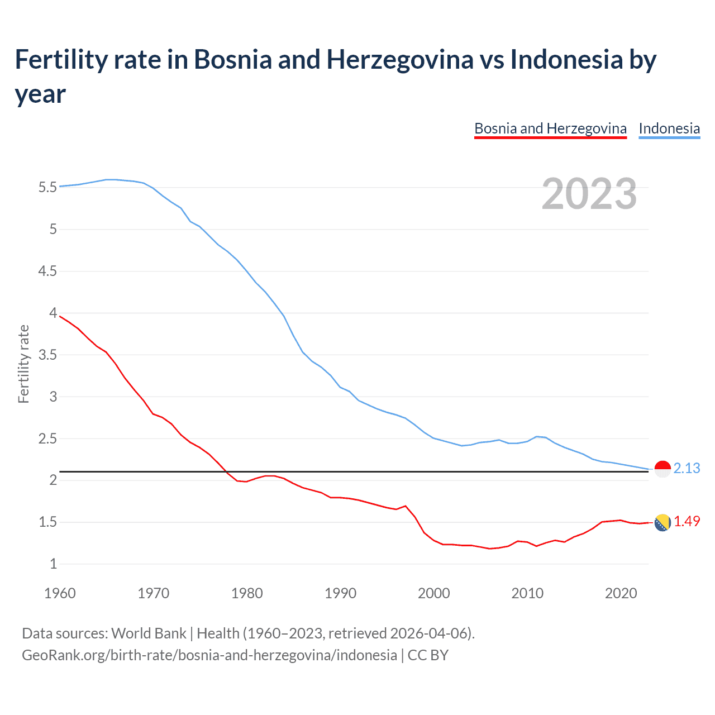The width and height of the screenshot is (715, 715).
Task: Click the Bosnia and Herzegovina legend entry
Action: tap(550, 129)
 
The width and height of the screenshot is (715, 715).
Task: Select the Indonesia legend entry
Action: tap(669, 129)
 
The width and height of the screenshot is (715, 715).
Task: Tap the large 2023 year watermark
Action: tap(589, 194)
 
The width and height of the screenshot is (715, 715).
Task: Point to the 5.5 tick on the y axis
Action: tap(47, 188)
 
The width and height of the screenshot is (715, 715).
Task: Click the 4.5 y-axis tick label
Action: tap(47, 271)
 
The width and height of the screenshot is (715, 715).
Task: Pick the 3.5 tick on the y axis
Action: tap(47, 355)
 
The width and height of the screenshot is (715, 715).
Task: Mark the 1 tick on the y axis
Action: tap(54, 564)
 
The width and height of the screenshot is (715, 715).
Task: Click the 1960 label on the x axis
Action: tap(60, 593)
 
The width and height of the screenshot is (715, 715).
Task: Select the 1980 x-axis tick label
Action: tap(247, 593)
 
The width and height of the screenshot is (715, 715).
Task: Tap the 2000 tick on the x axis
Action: tap(434, 593)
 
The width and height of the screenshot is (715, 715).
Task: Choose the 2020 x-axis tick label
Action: tap(621, 593)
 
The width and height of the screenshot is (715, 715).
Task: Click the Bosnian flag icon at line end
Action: tap(662, 523)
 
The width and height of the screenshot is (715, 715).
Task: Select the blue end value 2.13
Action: tap(687, 469)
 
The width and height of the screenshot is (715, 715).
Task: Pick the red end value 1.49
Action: tap(687, 522)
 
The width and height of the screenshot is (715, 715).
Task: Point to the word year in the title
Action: tap(40, 94)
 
